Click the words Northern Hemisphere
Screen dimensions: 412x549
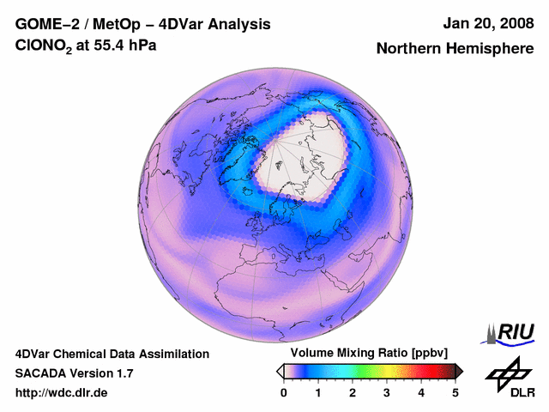pos(454,49)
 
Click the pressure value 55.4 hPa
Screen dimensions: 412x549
pos(128,45)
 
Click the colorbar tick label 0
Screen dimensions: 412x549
pos(284,392)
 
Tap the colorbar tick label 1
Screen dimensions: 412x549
pos(318,392)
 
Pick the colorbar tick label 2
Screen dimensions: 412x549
pos(353,392)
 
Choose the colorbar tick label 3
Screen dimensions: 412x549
pos(387,392)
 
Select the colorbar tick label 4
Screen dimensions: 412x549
pos(421,392)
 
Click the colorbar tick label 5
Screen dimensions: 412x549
pos(455,392)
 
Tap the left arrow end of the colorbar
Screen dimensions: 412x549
pos(280,371)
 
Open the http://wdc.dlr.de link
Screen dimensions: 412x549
pos(62,393)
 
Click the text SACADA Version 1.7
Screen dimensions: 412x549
pos(75,373)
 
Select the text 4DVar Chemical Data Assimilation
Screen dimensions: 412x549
pos(112,354)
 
